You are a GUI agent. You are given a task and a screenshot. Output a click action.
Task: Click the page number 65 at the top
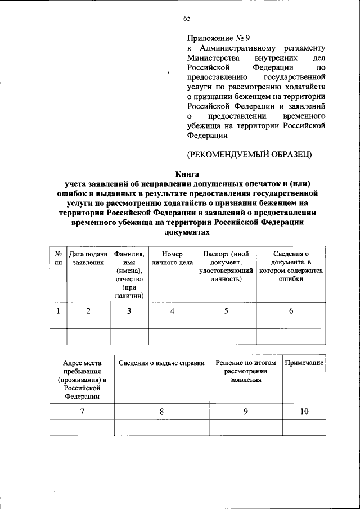[187, 20]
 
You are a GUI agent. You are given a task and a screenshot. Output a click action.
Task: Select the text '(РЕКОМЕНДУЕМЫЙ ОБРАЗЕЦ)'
[249, 154]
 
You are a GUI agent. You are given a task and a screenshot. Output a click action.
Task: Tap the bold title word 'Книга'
[187, 174]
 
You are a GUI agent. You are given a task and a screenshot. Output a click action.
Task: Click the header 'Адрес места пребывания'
[82, 380]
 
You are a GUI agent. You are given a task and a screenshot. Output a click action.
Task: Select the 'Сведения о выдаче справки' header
[161, 363]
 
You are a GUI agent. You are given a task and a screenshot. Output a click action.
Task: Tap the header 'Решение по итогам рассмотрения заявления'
[246, 371]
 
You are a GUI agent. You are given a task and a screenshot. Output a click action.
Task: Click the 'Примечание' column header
[304, 363]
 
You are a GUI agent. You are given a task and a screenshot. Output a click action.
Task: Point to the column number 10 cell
[304, 412]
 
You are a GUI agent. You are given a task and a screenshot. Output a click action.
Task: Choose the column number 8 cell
[161, 412]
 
